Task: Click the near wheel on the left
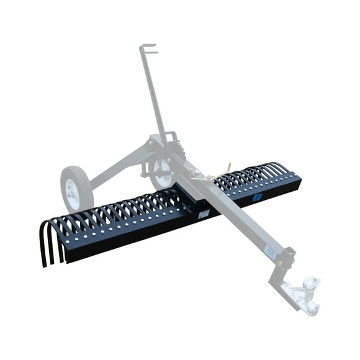pos(76,189)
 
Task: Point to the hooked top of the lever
pos(147,48)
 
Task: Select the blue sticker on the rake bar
pos(257,197)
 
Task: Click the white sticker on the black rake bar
pos(204,214)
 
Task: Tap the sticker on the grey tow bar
pos(270,252)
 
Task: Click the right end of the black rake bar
pos(299,181)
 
